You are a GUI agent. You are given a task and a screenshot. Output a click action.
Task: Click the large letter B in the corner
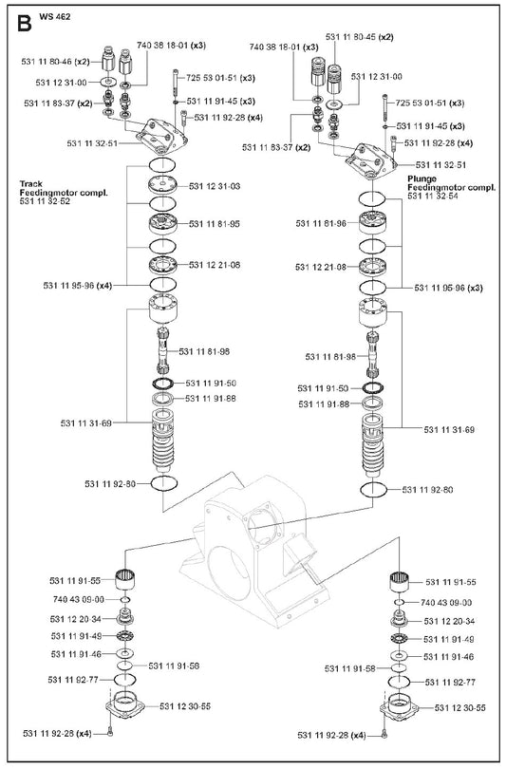click(x=25, y=23)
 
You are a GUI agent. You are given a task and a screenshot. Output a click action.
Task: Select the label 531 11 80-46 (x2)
click(x=55, y=62)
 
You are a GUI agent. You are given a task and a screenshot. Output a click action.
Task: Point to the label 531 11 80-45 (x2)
click(x=360, y=37)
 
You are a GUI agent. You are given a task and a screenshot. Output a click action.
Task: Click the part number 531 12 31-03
click(x=215, y=186)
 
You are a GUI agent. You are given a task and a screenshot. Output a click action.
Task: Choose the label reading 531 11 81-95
click(x=215, y=224)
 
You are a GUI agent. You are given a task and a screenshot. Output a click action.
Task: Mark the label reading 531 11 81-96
click(x=321, y=224)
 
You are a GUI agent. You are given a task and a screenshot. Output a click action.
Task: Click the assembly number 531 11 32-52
click(x=45, y=201)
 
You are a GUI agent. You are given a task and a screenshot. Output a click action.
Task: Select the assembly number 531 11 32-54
click(x=433, y=196)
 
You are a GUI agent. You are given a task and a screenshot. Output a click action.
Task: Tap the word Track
click(x=31, y=184)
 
